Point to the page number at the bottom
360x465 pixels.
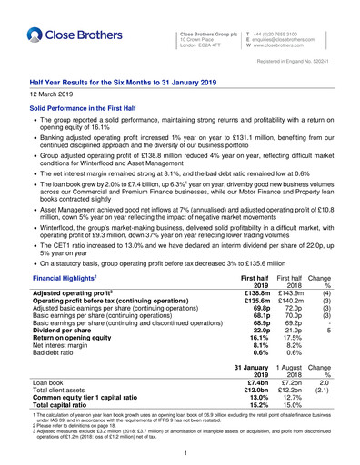coord(180,453)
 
